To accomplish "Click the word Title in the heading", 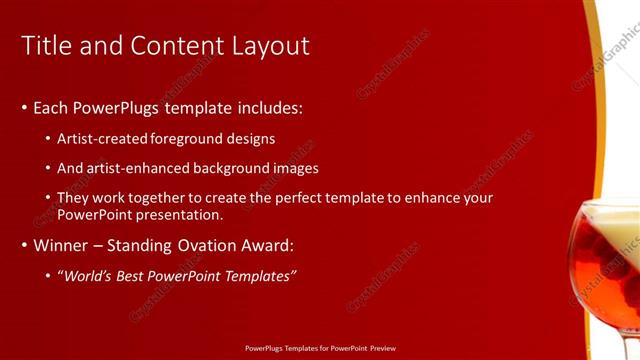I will tap(45, 46).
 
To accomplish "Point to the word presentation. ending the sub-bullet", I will tap(181, 214).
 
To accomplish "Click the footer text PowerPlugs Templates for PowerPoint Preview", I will tap(320, 350).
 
